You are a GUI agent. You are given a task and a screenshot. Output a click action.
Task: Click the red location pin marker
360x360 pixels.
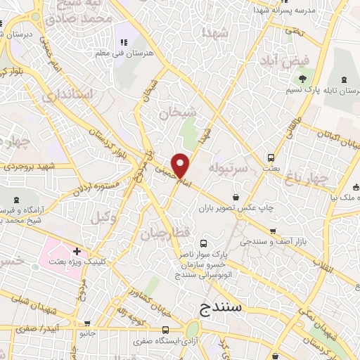click(181, 165)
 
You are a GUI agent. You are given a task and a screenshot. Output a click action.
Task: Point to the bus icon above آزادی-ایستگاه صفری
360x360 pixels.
click(165, 330)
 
